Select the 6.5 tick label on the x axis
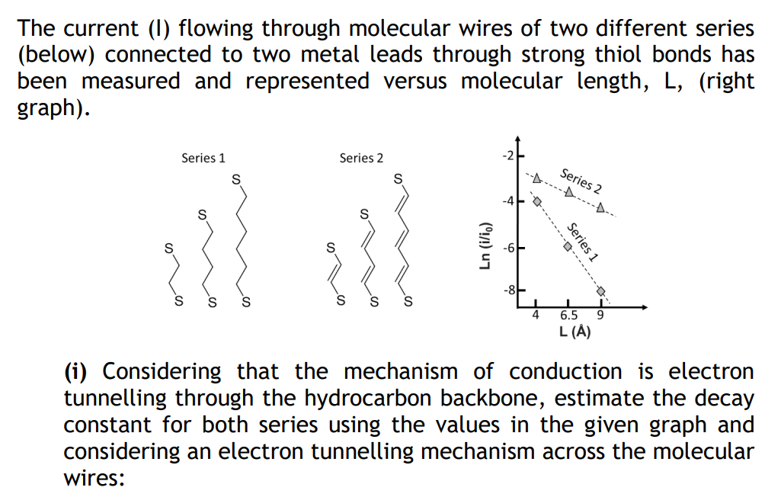[568, 315]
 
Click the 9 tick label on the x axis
[600, 315]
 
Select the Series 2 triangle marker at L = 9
[600, 207]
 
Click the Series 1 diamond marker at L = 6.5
[568, 247]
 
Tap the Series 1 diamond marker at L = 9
[600, 291]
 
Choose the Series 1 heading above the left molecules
[203, 158]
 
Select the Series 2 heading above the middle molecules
[362, 158]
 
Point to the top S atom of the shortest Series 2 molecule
[330, 248]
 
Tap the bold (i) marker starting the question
[79, 372]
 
